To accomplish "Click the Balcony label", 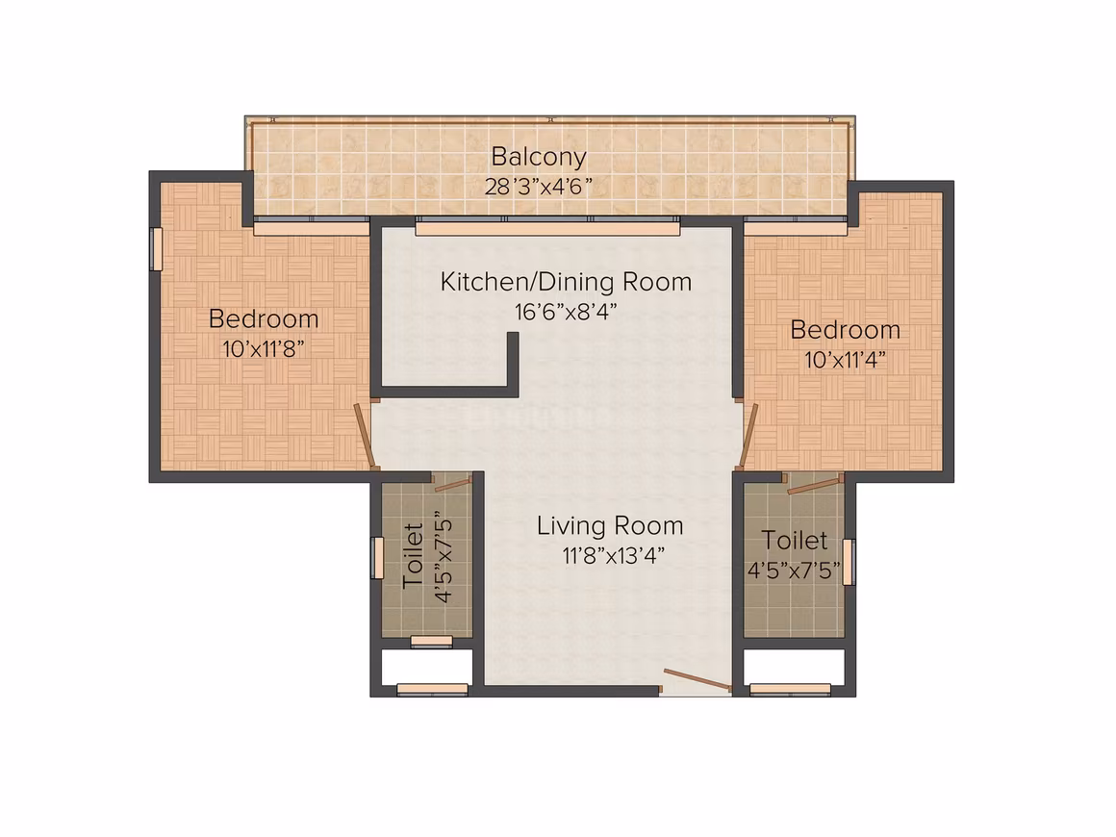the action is point(539,157).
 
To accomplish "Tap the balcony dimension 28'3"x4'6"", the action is point(539,188).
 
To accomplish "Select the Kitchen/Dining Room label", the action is point(566,282).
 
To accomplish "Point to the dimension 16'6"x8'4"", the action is point(566,312).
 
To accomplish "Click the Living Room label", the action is point(610,526).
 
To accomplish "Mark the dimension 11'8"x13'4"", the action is point(614,556).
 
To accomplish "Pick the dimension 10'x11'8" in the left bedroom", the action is point(264,349).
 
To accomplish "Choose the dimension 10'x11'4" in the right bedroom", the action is point(846,360).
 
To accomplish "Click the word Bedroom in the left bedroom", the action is point(264,318).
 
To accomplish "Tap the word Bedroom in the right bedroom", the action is point(846,330).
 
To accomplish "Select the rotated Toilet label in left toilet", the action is point(414,556).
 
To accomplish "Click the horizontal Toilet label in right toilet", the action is point(795,541).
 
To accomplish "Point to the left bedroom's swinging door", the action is point(365,436).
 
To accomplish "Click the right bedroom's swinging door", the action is point(748,435).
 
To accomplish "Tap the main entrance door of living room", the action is point(697,680).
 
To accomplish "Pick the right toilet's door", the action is point(815,485).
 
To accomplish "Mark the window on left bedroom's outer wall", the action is point(156,249).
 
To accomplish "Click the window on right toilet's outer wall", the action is point(849,562).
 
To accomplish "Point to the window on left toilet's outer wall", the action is point(377,558).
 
